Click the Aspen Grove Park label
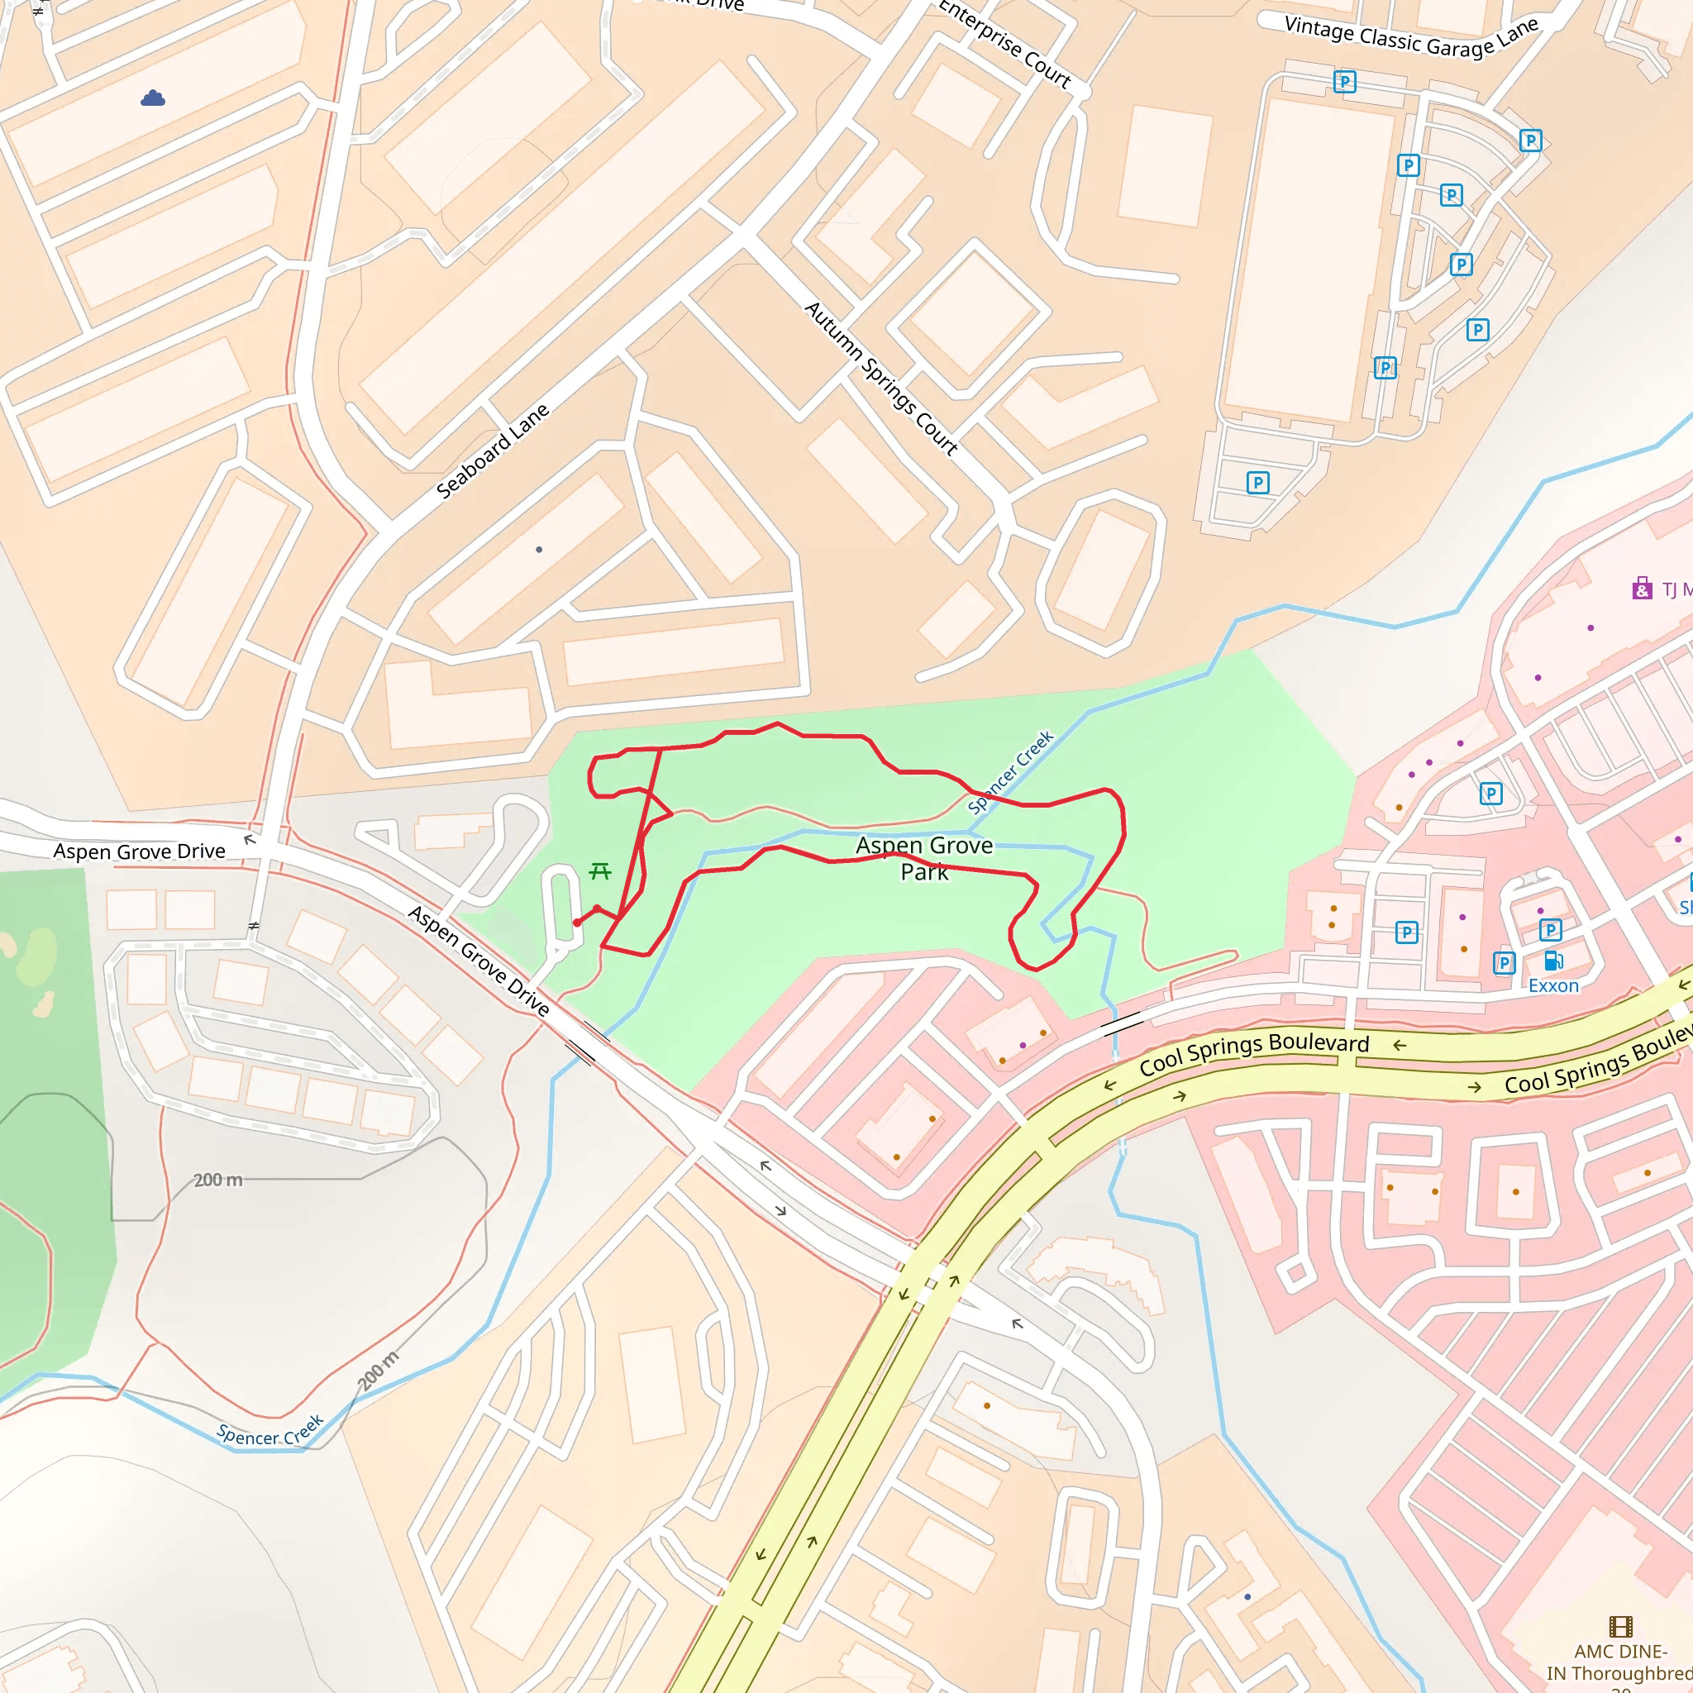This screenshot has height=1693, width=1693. [924, 858]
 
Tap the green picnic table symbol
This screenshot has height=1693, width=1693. [600, 871]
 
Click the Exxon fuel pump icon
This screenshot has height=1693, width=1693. [1552, 961]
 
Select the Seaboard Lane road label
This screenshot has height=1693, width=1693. [493, 451]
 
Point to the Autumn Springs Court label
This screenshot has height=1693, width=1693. [880, 378]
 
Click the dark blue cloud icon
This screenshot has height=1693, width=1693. [152, 98]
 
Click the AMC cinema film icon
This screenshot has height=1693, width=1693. [1621, 1627]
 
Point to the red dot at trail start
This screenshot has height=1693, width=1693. [577, 923]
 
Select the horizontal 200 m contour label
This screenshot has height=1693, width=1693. [217, 1180]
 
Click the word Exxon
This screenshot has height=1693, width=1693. [1553, 986]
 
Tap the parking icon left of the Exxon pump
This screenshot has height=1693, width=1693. [1504, 963]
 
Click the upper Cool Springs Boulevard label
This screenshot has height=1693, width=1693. [1254, 1054]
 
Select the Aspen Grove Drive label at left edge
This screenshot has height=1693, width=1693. [140, 851]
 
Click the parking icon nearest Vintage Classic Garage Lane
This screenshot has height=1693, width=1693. [1344, 83]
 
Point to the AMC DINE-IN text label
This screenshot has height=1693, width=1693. [1619, 1662]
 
